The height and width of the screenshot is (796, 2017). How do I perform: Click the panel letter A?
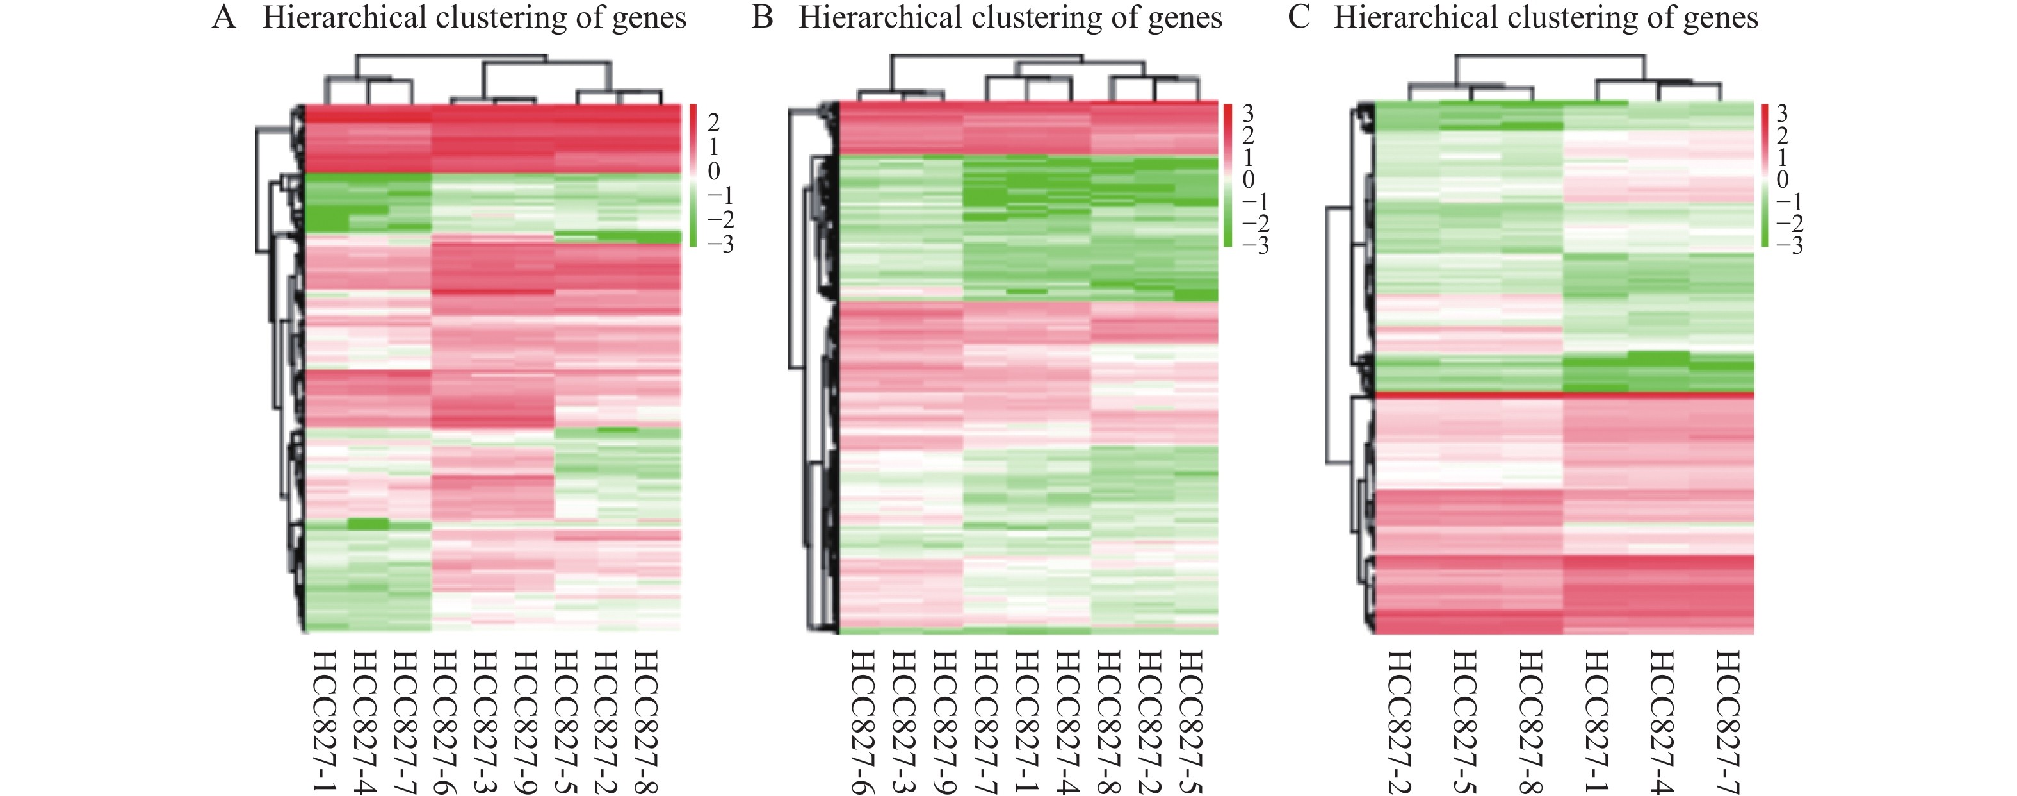coord(224,17)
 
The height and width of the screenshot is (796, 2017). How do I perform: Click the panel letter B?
coord(762,17)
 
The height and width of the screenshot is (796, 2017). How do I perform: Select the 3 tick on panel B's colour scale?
coord(1248,113)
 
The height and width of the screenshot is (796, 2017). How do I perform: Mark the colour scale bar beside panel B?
coord(1227,174)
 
